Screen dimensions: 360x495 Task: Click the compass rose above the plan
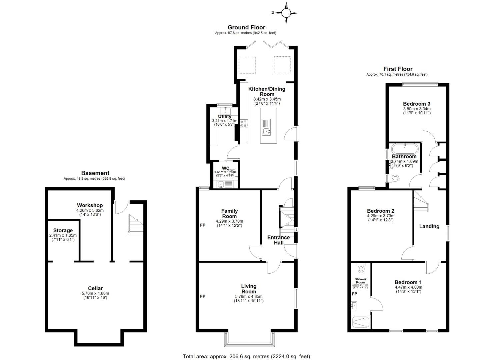pyautogui.click(x=286, y=13)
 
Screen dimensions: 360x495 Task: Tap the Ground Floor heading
pyautogui.click(x=246, y=27)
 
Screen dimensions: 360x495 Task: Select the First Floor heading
pyautogui.click(x=398, y=69)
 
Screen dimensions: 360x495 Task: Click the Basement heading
pyautogui.click(x=95, y=173)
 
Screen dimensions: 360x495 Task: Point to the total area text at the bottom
pyautogui.click(x=246, y=356)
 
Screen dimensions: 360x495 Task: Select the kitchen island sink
pyautogui.click(x=267, y=131)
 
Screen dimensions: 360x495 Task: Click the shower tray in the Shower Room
pyautogui.click(x=361, y=322)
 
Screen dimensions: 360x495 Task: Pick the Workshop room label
pyautogui.click(x=90, y=205)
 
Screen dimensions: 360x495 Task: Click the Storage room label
pyautogui.click(x=63, y=230)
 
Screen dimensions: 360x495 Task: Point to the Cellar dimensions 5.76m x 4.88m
pyautogui.click(x=95, y=293)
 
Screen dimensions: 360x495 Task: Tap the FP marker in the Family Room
pyautogui.click(x=203, y=225)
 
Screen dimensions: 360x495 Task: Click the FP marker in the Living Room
pyautogui.click(x=203, y=296)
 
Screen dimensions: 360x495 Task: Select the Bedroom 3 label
pyautogui.click(x=416, y=104)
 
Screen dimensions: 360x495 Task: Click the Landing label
pyautogui.click(x=429, y=226)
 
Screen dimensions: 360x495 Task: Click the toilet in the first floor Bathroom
pyautogui.click(x=394, y=178)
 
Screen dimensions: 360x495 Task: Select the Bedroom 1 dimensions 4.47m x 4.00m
pyautogui.click(x=408, y=287)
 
